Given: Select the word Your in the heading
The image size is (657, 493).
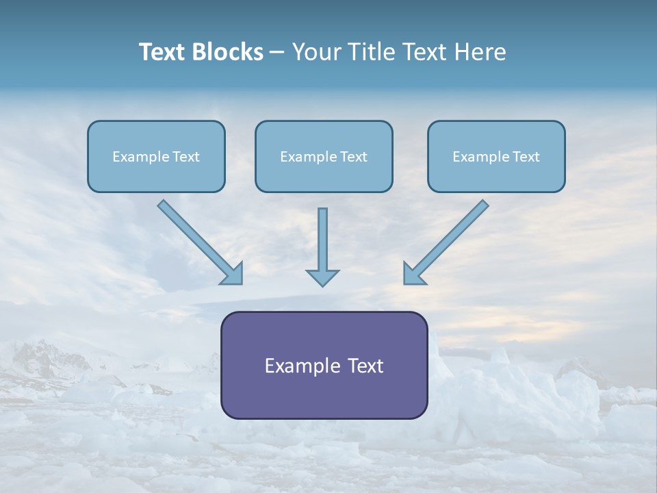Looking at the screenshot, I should click(315, 52).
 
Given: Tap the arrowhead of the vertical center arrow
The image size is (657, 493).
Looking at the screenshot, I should click(322, 277).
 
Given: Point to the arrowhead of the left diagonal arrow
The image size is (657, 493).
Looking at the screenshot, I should click(233, 274).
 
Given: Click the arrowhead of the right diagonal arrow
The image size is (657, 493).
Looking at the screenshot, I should click(413, 274).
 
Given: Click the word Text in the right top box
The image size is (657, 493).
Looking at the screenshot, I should click(526, 157).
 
